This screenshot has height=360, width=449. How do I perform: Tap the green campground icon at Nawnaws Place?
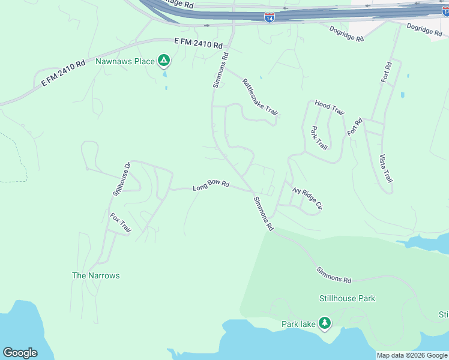pos(163,60)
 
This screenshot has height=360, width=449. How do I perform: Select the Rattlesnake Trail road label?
pos(261,97)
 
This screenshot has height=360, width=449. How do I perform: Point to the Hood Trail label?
pos(330,108)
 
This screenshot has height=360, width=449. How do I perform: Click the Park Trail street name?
pos(319,137)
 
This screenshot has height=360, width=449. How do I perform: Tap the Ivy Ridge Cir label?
pos(307,198)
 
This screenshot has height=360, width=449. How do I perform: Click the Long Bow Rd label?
pos(211,186)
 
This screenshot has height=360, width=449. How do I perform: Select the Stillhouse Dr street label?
pos(121,179)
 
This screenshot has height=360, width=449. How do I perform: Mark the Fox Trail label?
pos(120,222)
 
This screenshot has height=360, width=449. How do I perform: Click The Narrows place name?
pos(96,275)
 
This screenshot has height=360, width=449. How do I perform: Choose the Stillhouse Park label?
pos(347,298)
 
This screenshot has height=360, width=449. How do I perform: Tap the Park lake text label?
pos(298,324)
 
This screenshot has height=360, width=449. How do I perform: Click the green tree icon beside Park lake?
pos(325,324)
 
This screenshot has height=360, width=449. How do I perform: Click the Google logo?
pos(20,353)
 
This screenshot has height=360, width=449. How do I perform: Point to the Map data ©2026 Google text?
pos(412,355)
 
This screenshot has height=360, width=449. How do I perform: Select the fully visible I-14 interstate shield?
pos(270,17)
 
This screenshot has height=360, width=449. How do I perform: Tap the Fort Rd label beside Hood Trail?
pos(355,127)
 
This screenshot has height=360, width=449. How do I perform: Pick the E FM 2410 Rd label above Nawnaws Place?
pos(198,44)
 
